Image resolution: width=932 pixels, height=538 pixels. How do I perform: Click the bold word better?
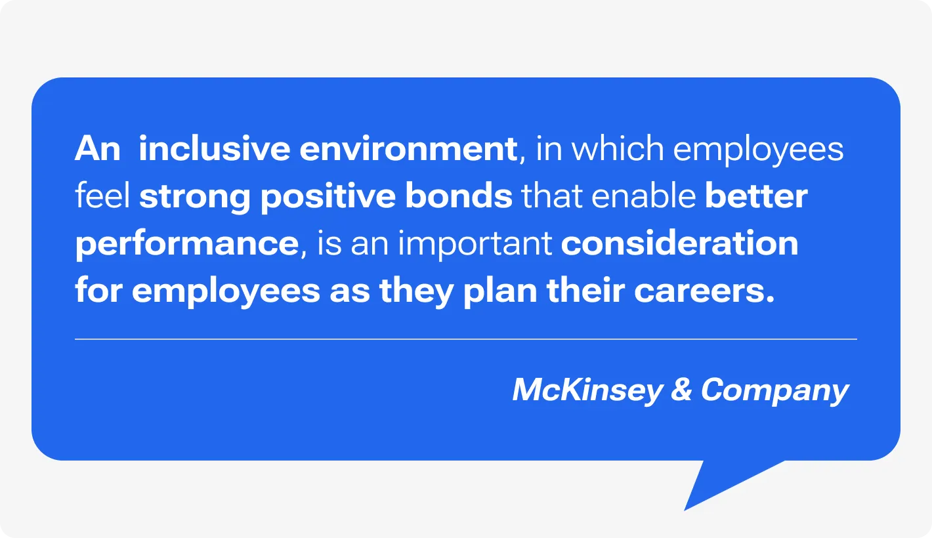756,196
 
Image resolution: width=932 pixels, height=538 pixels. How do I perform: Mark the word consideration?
679,243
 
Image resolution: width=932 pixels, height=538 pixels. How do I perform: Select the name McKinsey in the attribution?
587,391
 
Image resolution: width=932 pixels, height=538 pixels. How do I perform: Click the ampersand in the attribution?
681,390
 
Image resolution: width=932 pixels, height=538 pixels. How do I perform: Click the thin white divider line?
465,339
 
